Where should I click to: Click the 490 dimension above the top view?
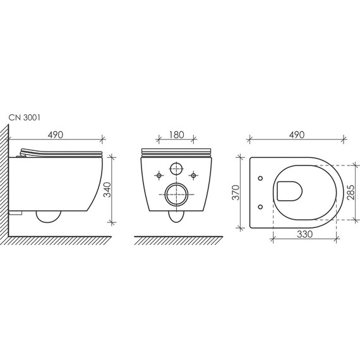point(297,135)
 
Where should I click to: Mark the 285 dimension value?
point(358,191)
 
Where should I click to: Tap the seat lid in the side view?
point(60,152)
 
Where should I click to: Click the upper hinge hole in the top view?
point(261,178)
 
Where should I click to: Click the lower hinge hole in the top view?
point(261,205)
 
